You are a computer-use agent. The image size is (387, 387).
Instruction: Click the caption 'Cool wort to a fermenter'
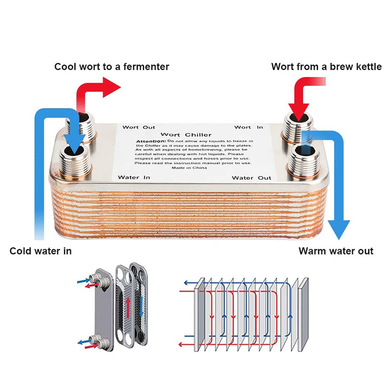(x=112, y=67)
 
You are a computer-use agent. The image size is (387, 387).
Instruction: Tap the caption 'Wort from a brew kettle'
(x=326, y=67)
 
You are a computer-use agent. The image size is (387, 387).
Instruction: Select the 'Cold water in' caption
(x=41, y=251)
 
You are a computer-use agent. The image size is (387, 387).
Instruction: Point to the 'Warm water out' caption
(x=336, y=251)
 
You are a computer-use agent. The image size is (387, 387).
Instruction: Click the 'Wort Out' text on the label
(x=139, y=127)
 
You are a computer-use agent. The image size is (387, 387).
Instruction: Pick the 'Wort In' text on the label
(x=249, y=127)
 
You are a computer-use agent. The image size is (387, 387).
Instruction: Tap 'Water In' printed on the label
(x=134, y=178)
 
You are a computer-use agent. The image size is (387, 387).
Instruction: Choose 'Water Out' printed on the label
(x=252, y=178)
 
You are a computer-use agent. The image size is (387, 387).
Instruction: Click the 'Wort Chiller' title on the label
(x=186, y=135)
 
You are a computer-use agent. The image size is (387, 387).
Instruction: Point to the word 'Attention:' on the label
(x=151, y=141)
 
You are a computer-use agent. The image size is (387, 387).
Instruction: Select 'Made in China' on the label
(x=189, y=168)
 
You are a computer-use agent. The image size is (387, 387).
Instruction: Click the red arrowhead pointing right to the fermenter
(x=112, y=87)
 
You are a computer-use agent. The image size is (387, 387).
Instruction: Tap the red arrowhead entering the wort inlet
(x=298, y=112)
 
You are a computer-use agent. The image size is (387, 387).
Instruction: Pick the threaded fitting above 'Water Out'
(x=304, y=162)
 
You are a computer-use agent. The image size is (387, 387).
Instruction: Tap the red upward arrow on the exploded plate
(x=128, y=308)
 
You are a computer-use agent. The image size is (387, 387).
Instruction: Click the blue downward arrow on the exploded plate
(x=141, y=307)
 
